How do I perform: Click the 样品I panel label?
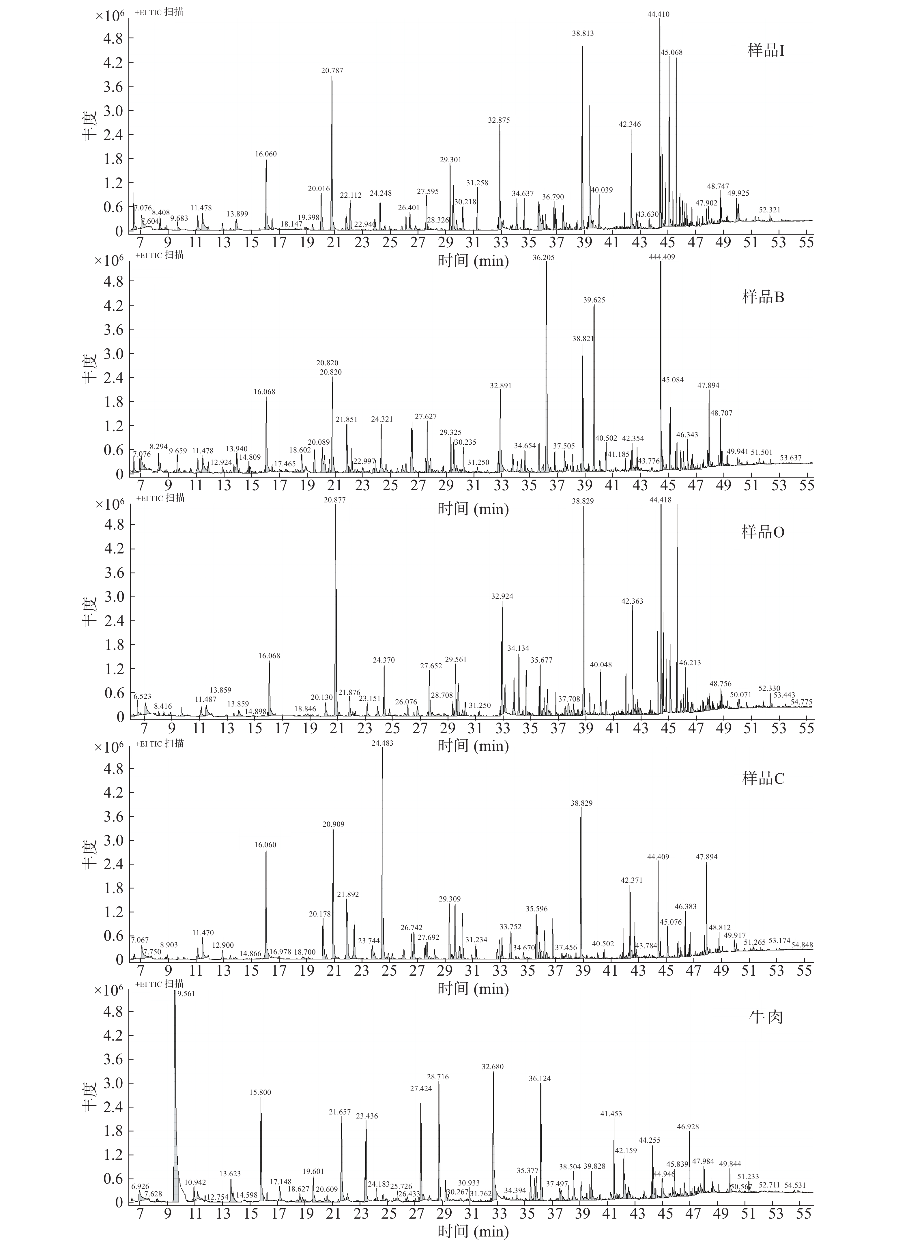tap(765, 51)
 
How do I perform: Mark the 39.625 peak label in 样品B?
tap(594, 300)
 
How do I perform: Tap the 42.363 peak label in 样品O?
tap(632, 601)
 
